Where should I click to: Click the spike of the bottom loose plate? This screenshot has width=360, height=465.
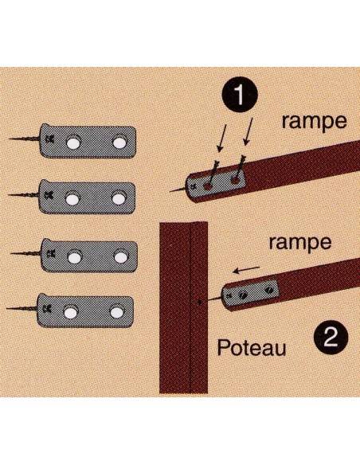tap(24, 307)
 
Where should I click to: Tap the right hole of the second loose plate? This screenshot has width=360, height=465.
tap(121, 194)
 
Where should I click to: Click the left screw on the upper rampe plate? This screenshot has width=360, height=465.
tap(209, 183)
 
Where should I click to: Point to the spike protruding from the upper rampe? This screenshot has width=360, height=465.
tap(177, 190)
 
